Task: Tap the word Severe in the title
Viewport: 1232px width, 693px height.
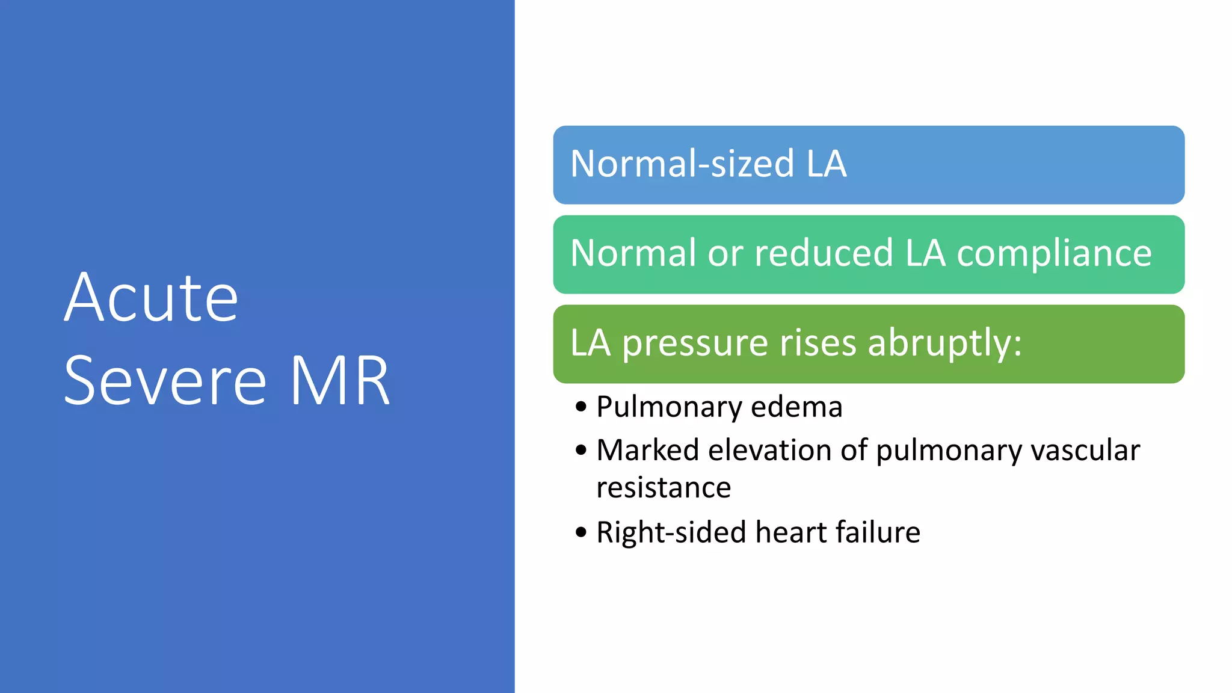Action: pyautogui.click(x=165, y=381)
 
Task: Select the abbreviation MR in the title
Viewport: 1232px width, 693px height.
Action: pyautogui.click(x=340, y=381)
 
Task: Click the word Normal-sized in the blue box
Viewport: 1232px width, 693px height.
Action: pyautogui.click(x=682, y=164)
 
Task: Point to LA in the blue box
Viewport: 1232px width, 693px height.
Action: pyautogui.click(x=827, y=164)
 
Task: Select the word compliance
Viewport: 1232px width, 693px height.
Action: pyautogui.click(x=1054, y=254)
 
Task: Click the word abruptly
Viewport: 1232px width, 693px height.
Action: pyautogui.click(x=944, y=344)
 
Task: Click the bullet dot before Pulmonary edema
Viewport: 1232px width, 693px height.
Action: pyautogui.click(x=581, y=407)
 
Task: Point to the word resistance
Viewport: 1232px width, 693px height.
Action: pyautogui.click(x=664, y=487)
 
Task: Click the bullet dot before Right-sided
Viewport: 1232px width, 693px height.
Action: pyautogui.click(x=581, y=532)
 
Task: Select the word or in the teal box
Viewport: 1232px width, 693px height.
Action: pyautogui.click(x=725, y=253)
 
